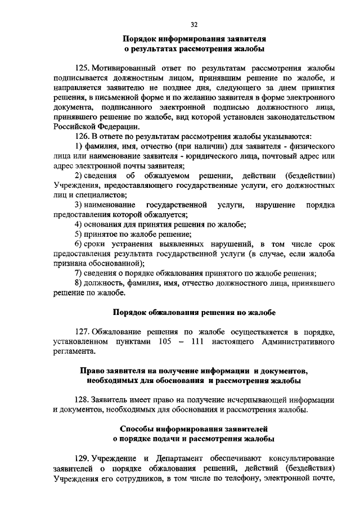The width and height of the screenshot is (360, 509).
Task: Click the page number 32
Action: coord(195,24)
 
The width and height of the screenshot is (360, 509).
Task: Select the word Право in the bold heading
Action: coord(92,371)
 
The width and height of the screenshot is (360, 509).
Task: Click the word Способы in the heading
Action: coord(135,429)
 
